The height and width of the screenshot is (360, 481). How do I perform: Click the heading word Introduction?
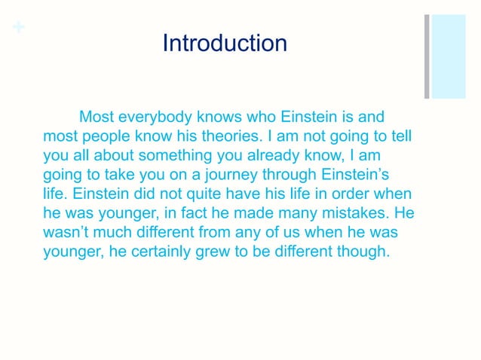(225, 42)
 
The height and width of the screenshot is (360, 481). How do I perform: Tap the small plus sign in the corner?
(17, 28)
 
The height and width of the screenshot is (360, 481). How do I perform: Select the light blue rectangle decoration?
(449, 56)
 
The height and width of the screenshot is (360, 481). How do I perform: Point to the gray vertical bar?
(427, 56)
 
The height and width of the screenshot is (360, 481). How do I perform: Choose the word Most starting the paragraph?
(96, 117)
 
